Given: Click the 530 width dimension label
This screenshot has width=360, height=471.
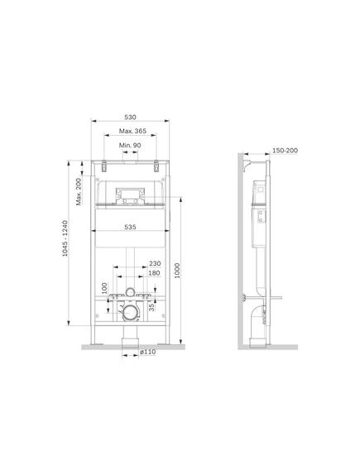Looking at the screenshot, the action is pyautogui.click(x=130, y=118).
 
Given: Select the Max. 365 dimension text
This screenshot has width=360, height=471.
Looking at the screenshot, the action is pyautogui.click(x=132, y=131).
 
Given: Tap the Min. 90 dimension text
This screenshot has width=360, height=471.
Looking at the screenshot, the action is pyautogui.click(x=130, y=146).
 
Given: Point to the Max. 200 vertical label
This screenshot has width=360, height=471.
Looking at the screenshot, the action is pyautogui.click(x=79, y=192).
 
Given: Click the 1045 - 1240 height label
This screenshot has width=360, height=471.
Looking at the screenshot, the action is pyautogui.click(x=65, y=238).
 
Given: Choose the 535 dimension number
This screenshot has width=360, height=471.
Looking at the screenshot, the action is pyautogui.click(x=130, y=227).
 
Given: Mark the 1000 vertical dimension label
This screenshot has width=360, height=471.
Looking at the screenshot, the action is pyautogui.click(x=177, y=271).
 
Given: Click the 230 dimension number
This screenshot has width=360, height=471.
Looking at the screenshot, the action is pyautogui.click(x=155, y=263).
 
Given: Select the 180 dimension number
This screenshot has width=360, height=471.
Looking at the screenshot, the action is pyautogui.click(x=154, y=273).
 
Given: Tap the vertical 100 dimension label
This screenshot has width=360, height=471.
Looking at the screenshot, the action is pyautogui.click(x=104, y=288).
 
